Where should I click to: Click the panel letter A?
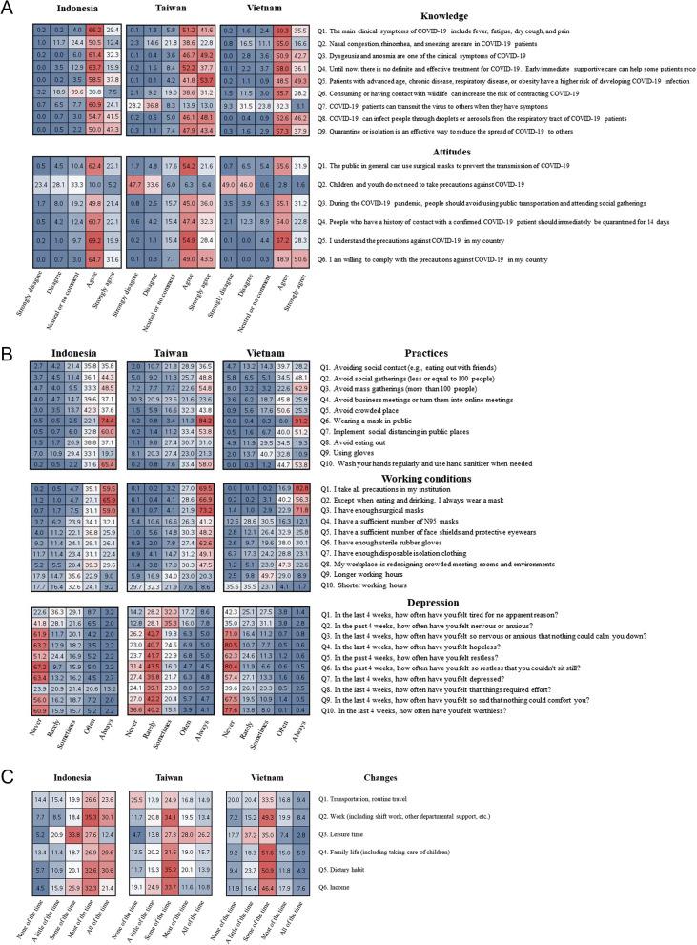(x=8, y=9)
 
